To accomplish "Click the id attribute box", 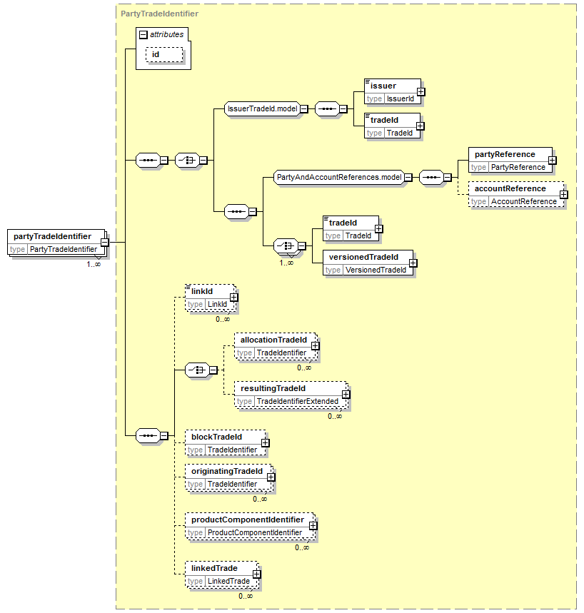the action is point(164,55).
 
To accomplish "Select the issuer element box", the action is point(393,92).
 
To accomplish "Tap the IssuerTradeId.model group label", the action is point(263,108).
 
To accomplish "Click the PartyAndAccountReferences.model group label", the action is point(339,177).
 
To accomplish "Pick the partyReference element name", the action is point(505,154).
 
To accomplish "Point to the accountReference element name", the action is point(510,188).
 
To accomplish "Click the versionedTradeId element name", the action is point(363,257).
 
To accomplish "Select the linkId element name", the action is point(202,291).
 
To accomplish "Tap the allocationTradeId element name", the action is point(273,340).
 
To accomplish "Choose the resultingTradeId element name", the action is point(273,388).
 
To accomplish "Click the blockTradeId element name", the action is point(216,437).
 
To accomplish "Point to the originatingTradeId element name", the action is point(227,471).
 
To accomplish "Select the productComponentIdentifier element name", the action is point(248,520).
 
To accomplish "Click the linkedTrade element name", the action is point(214,568).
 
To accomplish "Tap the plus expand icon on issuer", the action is point(421,92).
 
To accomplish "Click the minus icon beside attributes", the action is point(144,35).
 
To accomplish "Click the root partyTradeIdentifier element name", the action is point(52,236).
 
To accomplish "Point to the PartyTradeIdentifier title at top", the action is point(159,14).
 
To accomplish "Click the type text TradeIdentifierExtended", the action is point(297,401).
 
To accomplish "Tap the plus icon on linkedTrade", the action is point(256,574).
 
